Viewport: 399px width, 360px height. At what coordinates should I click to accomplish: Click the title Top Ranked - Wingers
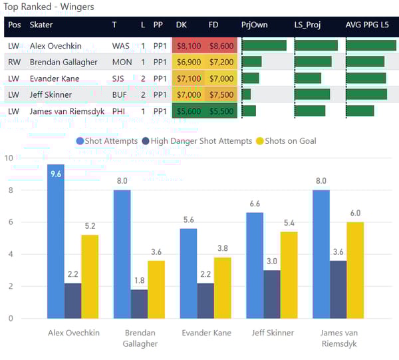[x=49, y=7]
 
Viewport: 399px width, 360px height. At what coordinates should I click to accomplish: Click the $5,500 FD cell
[x=221, y=111]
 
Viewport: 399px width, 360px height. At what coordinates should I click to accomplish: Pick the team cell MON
[x=122, y=62]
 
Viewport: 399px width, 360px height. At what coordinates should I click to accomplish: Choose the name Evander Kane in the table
[x=54, y=79]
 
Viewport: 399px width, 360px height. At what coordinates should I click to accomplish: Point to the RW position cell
[x=14, y=62]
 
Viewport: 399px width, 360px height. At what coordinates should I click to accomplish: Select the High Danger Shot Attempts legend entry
[x=201, y=141]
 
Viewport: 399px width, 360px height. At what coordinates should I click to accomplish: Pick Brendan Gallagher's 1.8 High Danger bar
[x=140, y=303]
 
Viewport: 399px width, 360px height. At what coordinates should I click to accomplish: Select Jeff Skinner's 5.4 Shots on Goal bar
[x=289, y=274]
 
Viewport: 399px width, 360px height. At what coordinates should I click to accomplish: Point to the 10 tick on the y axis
[x=8, y=158]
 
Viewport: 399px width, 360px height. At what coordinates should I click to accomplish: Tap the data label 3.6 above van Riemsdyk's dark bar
[x=338, y=252]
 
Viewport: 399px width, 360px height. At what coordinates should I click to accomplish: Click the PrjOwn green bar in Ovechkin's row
[x=264, y=46]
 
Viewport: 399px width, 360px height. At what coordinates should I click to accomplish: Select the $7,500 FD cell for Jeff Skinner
[x=221, y=94]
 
